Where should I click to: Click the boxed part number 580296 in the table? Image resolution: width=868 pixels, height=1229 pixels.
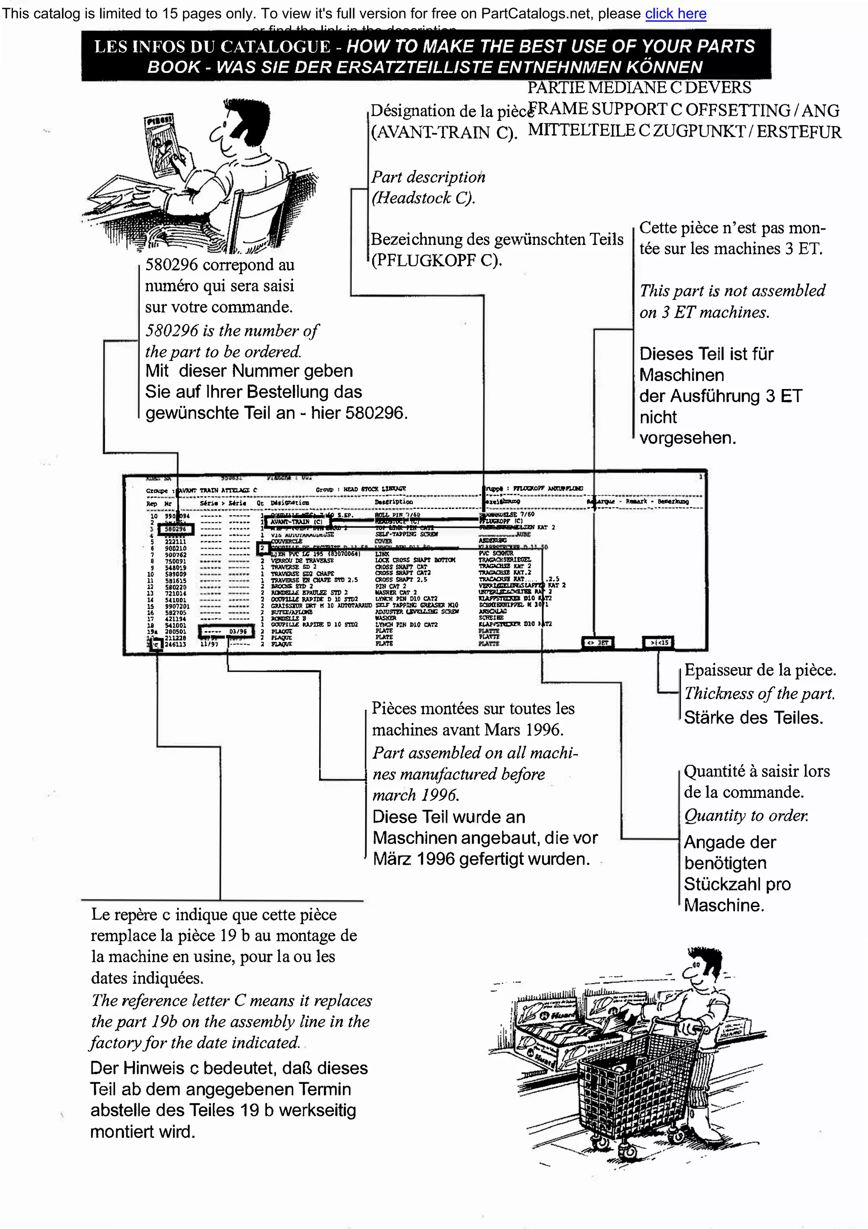pyautogui.click(x=175, y=529)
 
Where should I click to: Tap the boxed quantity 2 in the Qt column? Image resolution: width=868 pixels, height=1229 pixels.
pyautogui.click(x=262, y=548)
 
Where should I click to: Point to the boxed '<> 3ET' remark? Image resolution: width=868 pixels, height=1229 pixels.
pyautogui.click(x=597, y=642)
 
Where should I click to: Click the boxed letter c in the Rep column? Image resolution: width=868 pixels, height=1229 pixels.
pyautogui.click(x=156, y=644)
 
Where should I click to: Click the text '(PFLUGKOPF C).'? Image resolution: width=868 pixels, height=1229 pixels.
pyautogui.click(x=437, y=260)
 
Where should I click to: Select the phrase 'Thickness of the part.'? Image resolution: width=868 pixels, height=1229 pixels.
pyautogui.click(x=759, y=694)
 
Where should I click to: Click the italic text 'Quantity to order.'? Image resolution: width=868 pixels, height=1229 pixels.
pyautogui.click(x=746, y=815)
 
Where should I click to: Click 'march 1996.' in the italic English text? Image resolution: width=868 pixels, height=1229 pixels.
pyautogui.click(x=415, y=795)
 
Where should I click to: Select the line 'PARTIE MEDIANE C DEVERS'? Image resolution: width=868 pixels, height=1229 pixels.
pyautogui.click(x=639, y=87)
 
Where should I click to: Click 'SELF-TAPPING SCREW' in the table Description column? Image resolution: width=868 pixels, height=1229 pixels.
pyautogui.click(x=406, y=534)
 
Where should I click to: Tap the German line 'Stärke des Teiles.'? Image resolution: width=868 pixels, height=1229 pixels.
pyautogui.click(x=754, y=718)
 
